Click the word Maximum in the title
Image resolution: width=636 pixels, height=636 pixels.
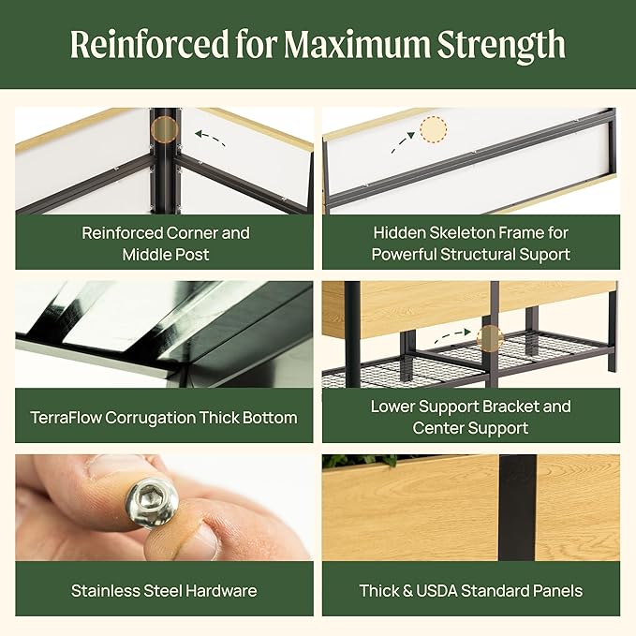356,44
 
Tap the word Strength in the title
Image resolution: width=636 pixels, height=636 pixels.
501,46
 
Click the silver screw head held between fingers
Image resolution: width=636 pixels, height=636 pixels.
152,502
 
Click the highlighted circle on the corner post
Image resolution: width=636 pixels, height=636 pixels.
164,129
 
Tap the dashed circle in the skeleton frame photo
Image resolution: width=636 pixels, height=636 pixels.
433,129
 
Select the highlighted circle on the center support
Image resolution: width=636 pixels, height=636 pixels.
490,337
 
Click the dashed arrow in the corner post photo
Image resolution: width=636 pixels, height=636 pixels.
210,138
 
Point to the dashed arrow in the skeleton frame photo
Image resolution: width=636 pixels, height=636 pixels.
403,142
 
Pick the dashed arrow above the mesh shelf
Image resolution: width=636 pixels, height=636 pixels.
452,335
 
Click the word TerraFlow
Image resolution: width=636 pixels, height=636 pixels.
66,418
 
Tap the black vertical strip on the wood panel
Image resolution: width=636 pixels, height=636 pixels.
518,508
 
